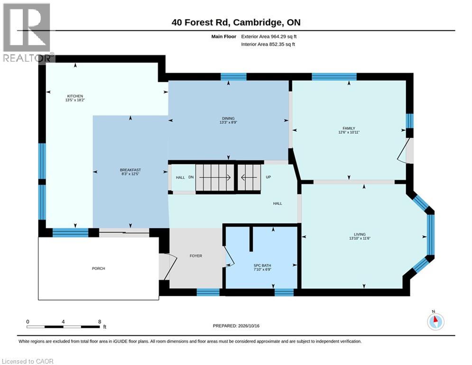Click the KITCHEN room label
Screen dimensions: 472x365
pos(75,96)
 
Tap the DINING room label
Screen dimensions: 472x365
pos(228,118)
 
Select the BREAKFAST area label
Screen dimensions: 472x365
pos(130,170)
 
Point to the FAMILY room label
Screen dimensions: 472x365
pos(349,128)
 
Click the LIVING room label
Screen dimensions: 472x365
pos(360,234)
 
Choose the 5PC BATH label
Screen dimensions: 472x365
pos(262,266)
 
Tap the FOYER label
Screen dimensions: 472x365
pos(195,256)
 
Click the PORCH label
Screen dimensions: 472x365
pos(99,269)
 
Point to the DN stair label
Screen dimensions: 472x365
pos(191,177)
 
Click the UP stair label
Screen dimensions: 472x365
pos(268,177)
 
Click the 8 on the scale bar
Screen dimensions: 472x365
pos(100,322)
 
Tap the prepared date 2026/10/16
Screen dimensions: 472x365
pos(249,326)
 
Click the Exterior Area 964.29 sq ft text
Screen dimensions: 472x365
pos(269,37)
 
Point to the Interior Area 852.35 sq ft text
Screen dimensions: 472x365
pos(268,44)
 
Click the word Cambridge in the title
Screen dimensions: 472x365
pos(258,23)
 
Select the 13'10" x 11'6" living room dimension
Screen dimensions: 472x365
pos(360,238)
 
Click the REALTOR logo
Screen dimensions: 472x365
pos(27,33)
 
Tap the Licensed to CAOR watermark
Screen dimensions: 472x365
pos(28,361)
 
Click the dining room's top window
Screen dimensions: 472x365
pos(233,77)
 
